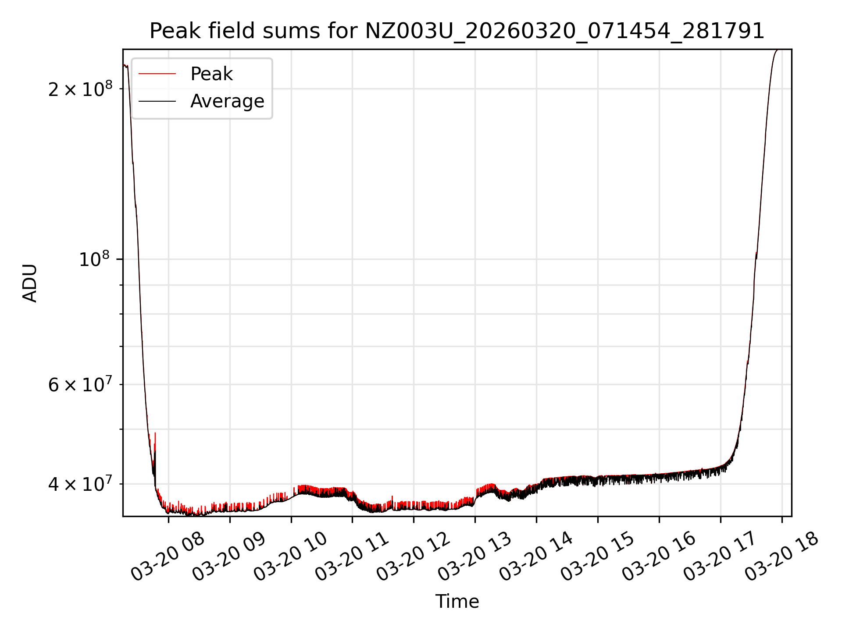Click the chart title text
pos(457,31)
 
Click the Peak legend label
pos(211,74)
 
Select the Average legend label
pos(227,101)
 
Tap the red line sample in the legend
pos(157,74)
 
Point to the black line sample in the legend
pos(157,101)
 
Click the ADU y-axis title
pos(30,283)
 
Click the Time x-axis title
pos(457,601)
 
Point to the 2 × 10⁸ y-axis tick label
pos(80,89)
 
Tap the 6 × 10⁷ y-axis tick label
pos(80,385)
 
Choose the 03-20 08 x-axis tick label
pos(168,557)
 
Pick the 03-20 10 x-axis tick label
pos(291,557)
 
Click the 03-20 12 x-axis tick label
pos(414,557)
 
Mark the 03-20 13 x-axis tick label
pos(475,557)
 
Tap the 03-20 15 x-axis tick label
pos(598,557)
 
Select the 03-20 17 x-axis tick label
pos(721,557)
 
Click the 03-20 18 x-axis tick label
pos(782,557)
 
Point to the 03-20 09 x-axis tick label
pos(229,557)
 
